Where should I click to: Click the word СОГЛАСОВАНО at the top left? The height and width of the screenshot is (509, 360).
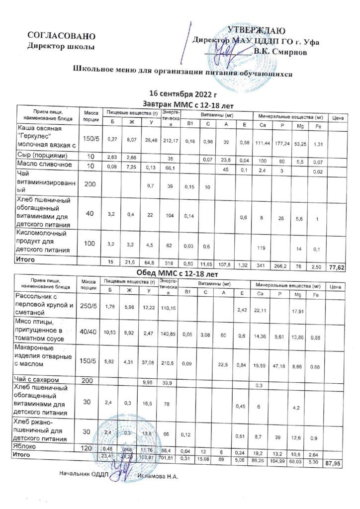click(x=61, y=36)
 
